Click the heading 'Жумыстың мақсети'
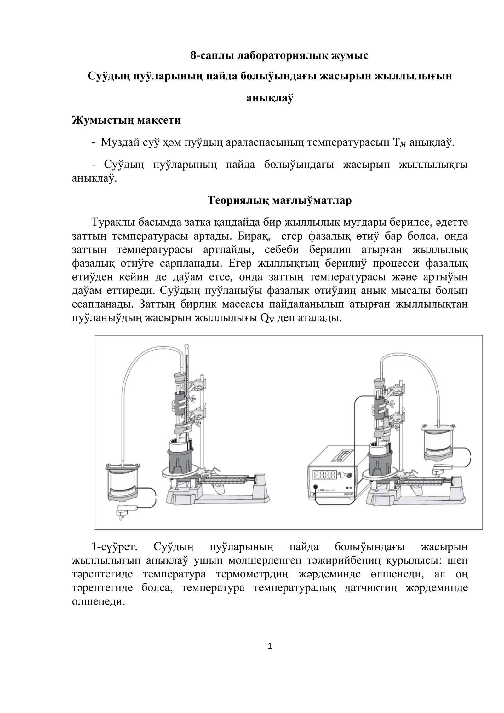[126, 120]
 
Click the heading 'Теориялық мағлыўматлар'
[279, 200]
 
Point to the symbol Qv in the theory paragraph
[265, 318]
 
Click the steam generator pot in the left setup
[123, 482]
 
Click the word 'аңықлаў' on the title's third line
[270, 98]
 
